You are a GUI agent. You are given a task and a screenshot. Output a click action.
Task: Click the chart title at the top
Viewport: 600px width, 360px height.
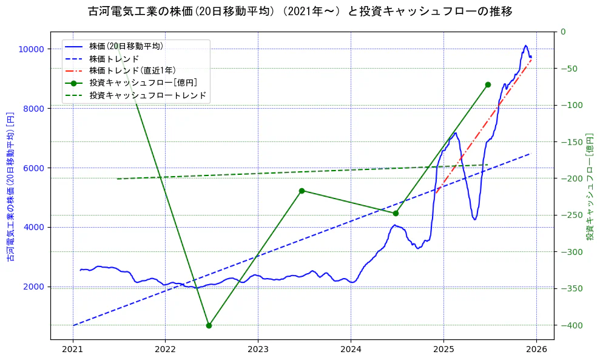point(300,12)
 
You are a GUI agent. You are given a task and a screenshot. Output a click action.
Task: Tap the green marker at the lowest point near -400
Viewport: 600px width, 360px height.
point(209,325)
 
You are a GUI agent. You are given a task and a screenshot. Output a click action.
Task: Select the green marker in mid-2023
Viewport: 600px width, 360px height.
point(302,191)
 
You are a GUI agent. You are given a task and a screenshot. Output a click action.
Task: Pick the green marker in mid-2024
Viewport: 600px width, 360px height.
point(396,213)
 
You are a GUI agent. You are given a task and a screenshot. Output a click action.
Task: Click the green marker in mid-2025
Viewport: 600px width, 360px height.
point(488,84)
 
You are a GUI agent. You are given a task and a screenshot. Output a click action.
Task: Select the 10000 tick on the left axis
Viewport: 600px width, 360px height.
point(31,49)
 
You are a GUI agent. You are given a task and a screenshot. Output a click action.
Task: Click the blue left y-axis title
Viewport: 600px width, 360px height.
point(10,186)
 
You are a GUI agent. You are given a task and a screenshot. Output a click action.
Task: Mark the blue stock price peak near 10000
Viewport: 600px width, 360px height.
point(526,46)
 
